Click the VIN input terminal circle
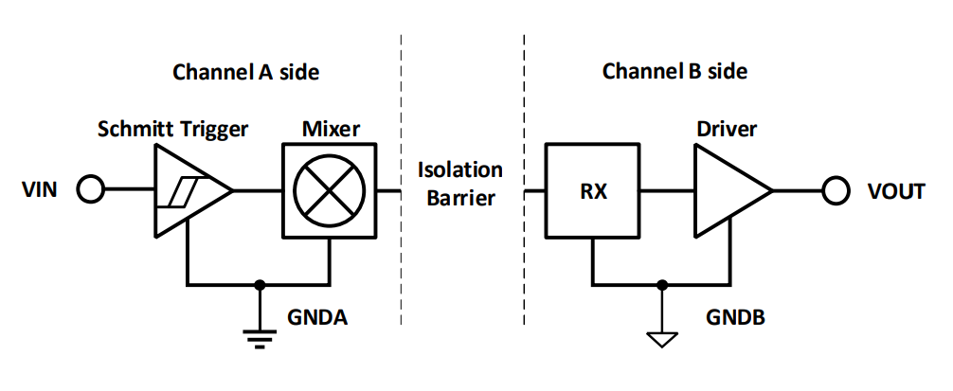pos(90,191)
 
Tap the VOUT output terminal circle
pos(835,191)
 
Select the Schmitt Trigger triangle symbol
pos(188,191)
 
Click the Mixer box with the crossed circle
pos(328,191)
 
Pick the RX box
pos(593,191)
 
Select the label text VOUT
pos(893,191)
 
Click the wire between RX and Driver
pos(667,191)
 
